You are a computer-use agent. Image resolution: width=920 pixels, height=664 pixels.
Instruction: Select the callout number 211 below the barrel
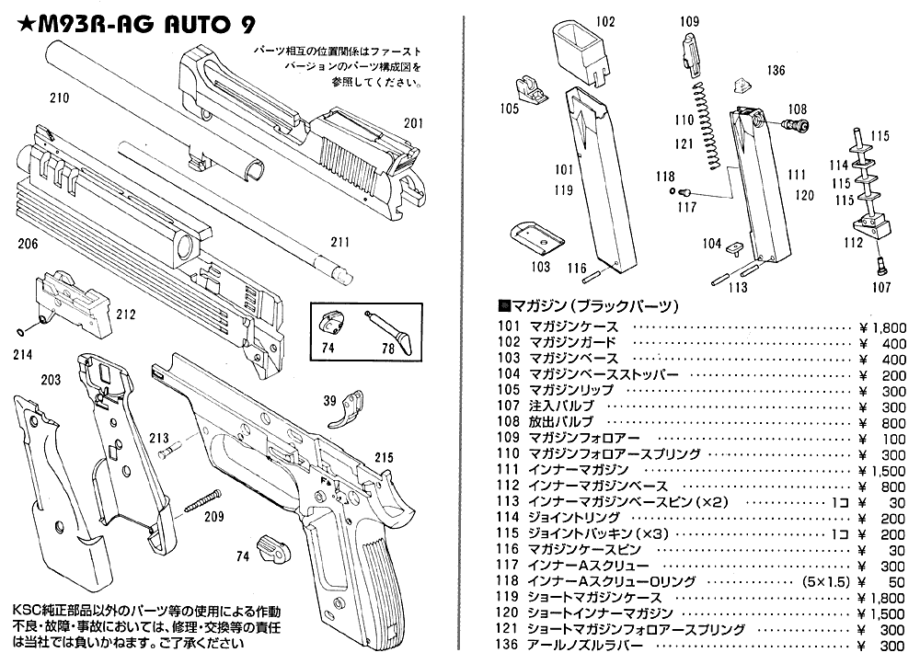tap(341, 243)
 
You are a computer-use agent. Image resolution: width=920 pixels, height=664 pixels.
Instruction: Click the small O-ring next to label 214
tap(22, 331)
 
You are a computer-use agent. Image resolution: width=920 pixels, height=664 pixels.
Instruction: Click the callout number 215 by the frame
tap(384, 456)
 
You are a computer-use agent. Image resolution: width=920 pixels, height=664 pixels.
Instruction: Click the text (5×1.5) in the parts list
tap(825, 581)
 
